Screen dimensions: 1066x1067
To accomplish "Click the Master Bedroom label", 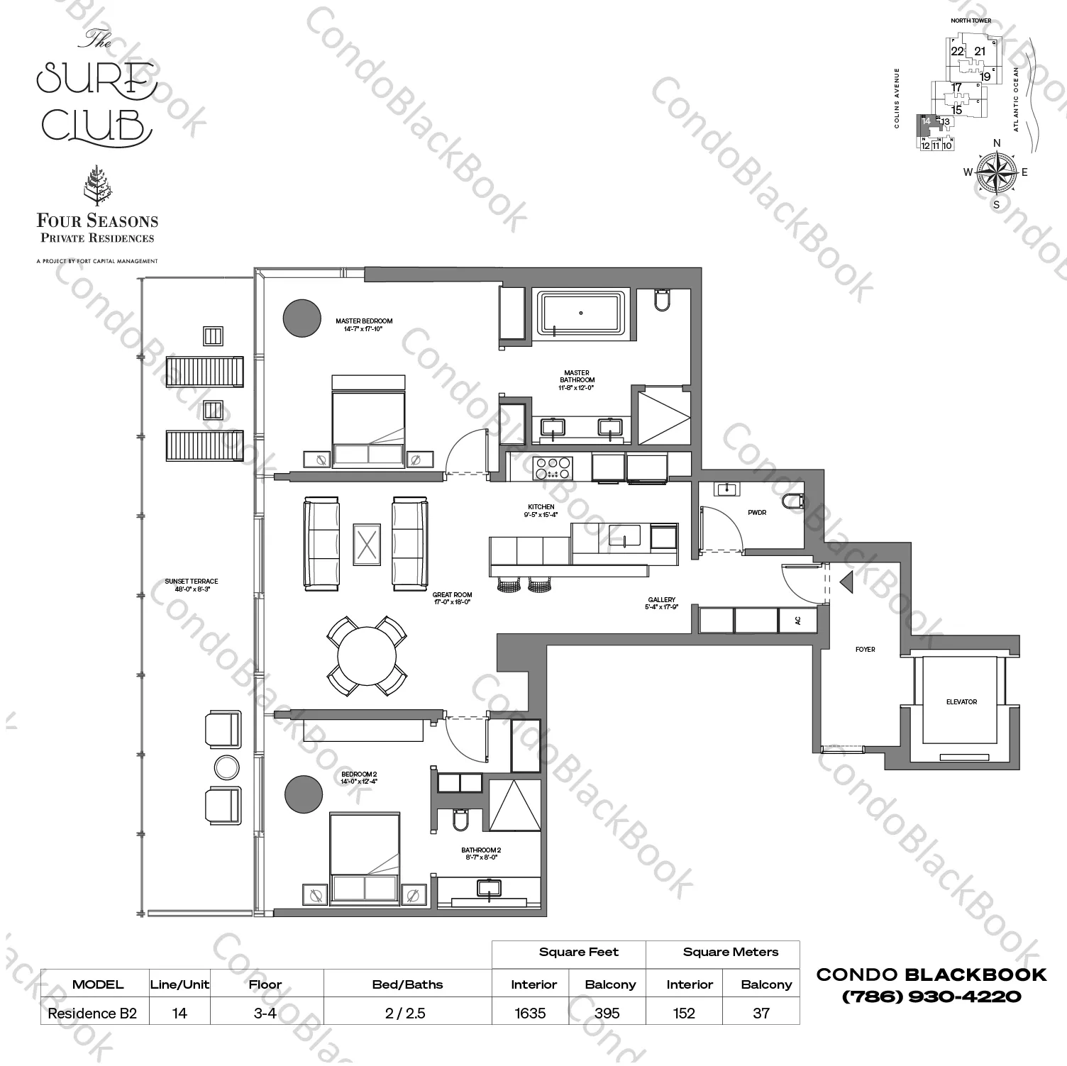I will click(364, 321).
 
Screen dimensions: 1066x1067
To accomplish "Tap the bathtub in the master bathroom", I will click(581, 313).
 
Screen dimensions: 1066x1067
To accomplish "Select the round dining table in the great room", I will click(367, 655).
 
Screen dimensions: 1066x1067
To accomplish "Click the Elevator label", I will click(961, 702).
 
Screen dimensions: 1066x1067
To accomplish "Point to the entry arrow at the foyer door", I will click(846, 582).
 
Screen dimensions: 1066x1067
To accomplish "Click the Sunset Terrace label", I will click(192, 585).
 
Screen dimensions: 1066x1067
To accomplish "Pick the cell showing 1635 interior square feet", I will click(531, 1013).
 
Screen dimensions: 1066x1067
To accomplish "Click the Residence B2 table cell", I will click(92, 1013).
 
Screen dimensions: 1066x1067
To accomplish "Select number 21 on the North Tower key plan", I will click(980, 51).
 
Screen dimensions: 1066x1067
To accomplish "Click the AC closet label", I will click(797, 621).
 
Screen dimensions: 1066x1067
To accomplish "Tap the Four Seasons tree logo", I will click(96, 186).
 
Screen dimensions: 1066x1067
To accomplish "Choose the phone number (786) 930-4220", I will click(931, 996).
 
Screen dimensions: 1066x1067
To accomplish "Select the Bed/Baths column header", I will click(407, 984).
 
